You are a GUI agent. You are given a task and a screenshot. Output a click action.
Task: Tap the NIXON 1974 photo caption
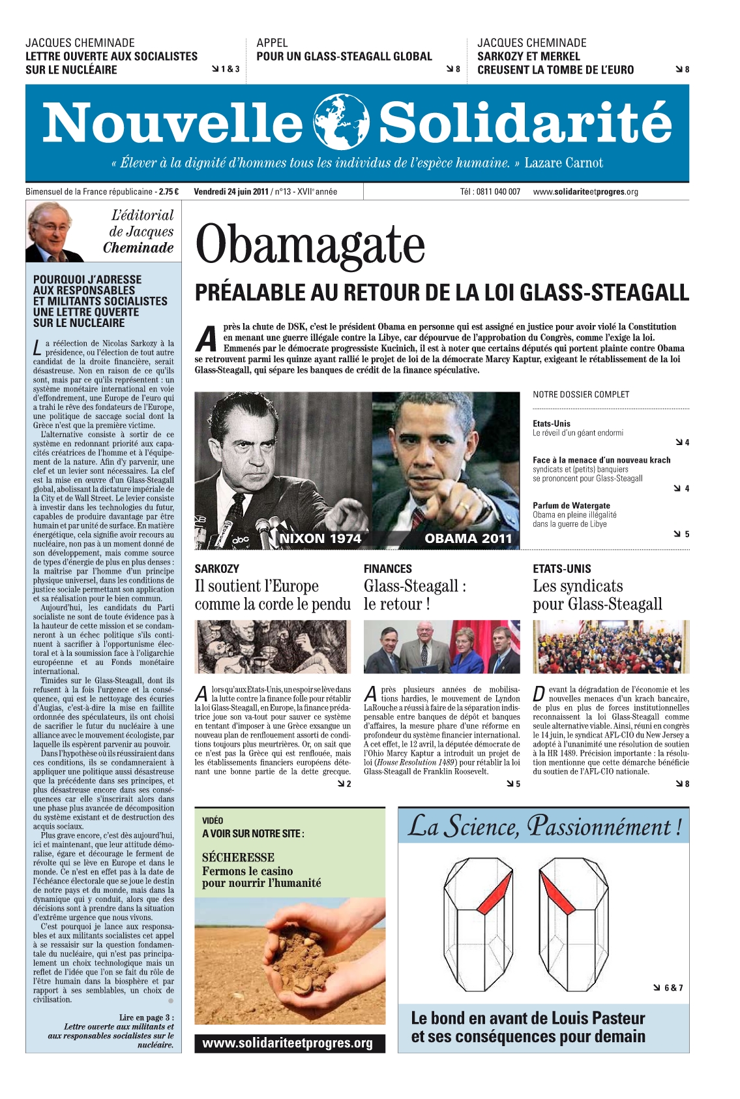tap(320, 538)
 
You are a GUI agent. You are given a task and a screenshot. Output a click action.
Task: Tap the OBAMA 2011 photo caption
tap(468, 538)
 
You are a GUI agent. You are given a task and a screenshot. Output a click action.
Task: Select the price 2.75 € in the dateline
tap(169, 192)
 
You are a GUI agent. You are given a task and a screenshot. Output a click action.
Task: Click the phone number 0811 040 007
tap(498, 192)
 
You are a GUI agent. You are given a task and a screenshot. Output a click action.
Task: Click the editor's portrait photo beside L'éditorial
tap(55, 232)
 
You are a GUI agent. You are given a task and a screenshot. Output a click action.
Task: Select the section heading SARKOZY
tap(217, 569)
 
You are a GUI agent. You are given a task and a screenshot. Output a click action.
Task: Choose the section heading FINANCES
tap(388, 569)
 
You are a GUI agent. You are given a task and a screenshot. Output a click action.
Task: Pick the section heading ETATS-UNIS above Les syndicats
tap(562, 569)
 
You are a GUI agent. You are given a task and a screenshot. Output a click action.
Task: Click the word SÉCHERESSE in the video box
tap(238, 858)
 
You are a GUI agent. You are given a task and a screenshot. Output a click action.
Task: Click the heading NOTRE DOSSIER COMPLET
tap(581, 395)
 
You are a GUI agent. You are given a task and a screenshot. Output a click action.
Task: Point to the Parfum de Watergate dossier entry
tap(571, 506)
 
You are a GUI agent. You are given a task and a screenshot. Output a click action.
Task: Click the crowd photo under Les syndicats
tap(611, 647)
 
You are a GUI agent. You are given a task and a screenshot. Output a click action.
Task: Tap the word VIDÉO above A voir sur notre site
tap(213, 820)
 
